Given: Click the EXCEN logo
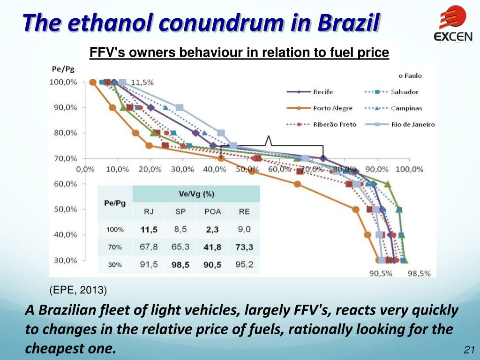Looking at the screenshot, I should (452, 23).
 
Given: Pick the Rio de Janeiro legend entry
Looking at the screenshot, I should (412, 124).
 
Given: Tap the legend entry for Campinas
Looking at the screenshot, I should (406, 108).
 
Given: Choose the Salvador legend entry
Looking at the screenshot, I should (405, 92).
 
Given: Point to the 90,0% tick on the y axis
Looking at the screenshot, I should (65, 107).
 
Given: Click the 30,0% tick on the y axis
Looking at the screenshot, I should (65, 260).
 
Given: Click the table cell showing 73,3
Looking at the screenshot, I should (244, 247).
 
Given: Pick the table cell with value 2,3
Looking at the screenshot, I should (212, 230).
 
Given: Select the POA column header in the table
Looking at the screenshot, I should (212, 212).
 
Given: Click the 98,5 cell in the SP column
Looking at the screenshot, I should (180, 265).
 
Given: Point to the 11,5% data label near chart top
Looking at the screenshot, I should (142, 82).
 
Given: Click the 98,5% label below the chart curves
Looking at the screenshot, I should (419, 274).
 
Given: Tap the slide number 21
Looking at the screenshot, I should (469, 350).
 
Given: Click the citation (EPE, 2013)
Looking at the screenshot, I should (78, 291).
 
